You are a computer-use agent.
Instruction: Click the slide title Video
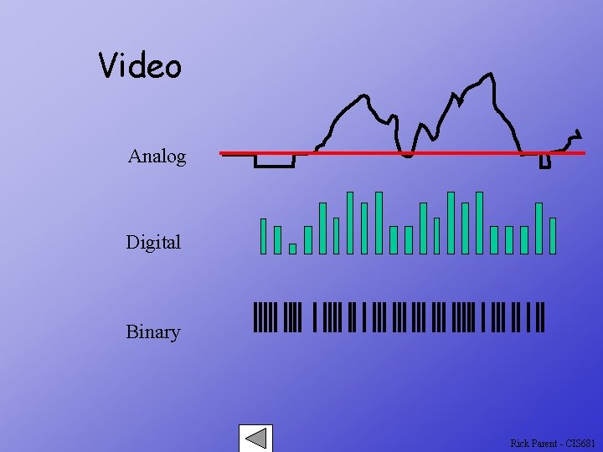click(140, 65)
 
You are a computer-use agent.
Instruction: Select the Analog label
click(157, 157)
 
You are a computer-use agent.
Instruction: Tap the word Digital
click(153, 243)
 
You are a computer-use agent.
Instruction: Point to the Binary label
click(153, 332)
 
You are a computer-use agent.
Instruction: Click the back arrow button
click(255, 439)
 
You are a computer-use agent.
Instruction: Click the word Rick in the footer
click(519, 443)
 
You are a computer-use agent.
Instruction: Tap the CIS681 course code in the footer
click(580, 443)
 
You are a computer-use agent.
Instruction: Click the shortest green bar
click(292, 249)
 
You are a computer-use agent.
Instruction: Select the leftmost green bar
click(263, 236)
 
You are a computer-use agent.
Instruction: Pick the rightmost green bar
click(553, 235)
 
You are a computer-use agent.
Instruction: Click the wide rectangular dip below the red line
click(275, 162)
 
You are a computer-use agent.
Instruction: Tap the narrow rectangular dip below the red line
click(544, 161)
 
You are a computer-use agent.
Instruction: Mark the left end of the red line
click(223, 153)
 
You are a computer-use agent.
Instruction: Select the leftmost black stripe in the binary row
click(255, 317)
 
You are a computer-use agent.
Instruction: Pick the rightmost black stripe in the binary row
click(543, 317)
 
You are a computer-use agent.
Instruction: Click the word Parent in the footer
click(546, 443)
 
